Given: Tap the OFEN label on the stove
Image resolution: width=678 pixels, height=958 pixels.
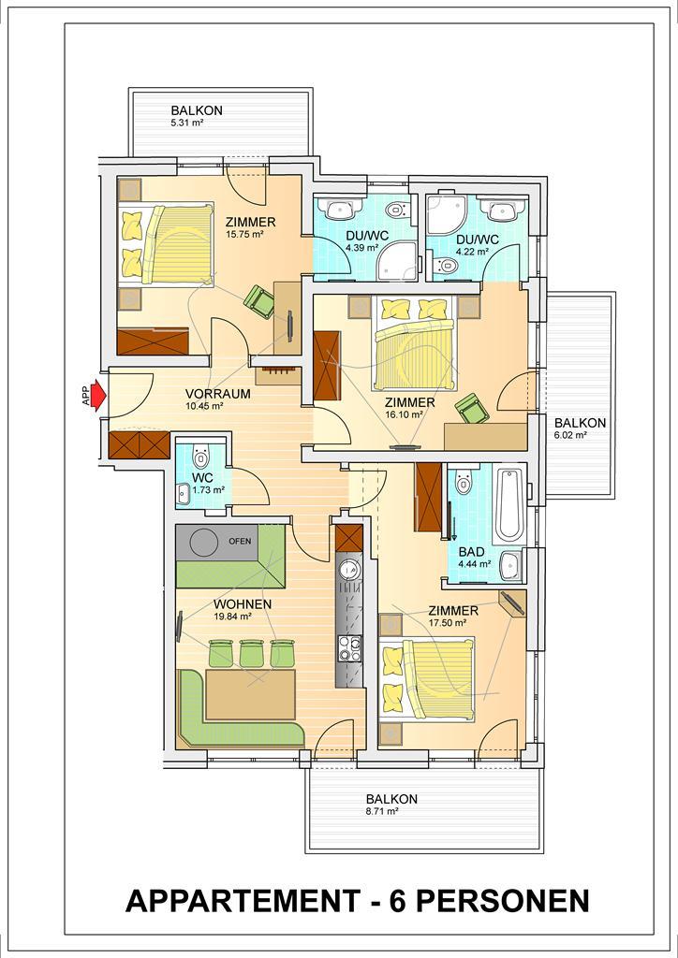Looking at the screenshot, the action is (240, 541).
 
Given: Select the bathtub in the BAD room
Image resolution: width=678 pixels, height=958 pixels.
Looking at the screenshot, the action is (509, 506).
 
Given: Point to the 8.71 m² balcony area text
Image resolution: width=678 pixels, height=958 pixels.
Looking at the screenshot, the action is (383, 811).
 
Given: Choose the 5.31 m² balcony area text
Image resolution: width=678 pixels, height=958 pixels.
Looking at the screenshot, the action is (187, 123).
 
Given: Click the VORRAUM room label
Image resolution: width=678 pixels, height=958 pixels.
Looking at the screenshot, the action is (217, 394).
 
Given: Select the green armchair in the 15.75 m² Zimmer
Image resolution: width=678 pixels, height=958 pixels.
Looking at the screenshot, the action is (259, 301).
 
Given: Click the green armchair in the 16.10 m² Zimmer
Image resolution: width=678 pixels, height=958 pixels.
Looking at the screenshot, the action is (473, 408).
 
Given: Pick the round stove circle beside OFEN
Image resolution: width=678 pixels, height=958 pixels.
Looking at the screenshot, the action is (203, 542).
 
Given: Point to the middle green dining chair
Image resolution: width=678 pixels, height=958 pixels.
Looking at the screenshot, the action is (251, 653).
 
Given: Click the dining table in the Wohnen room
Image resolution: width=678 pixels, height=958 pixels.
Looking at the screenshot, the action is (250, 694).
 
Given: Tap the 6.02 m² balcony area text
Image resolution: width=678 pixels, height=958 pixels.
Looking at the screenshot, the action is (570, 435).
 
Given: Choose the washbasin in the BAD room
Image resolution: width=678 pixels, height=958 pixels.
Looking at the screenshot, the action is (510, 566).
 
